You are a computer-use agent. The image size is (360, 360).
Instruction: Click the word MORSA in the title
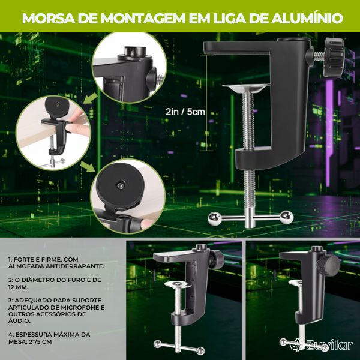tap(48, 18)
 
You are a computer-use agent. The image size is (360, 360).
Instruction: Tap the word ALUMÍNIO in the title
tap(307, 18)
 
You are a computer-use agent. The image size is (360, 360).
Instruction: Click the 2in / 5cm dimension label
tap(185, 112)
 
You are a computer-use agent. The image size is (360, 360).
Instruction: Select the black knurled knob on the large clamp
tap(334, 58)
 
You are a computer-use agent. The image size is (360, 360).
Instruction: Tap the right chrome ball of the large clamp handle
tap(287, 217)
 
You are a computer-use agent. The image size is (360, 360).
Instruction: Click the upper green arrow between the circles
tap(90, 99)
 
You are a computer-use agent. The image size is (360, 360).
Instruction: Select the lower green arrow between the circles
tap(88, 166)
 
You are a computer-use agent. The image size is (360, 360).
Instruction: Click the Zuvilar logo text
tap(329, 345)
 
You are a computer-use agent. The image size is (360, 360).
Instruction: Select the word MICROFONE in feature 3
tap(83, 307)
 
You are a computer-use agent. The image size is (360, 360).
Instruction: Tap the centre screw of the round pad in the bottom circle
tap(119, 184)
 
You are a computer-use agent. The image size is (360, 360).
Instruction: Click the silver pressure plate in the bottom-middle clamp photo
tap(178, 284)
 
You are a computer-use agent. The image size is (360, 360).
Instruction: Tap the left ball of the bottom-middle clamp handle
tap(157, 343)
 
